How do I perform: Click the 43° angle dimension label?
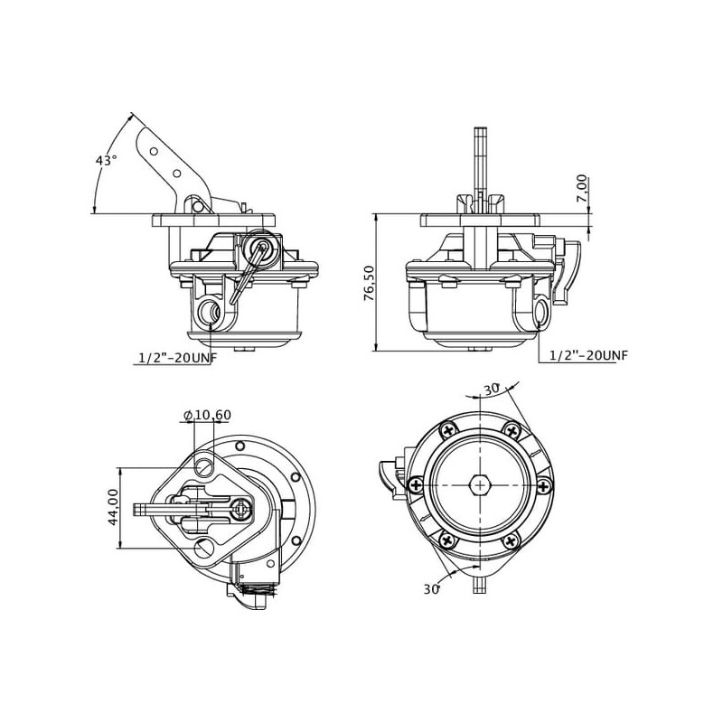click(106, 161)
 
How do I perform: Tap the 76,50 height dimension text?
click(370, 283)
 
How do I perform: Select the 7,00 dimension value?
click(583, 188)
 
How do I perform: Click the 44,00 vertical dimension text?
click(113, 507)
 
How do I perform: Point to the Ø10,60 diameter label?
click(207, 415)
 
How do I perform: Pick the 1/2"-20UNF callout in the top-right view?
click(589, 355)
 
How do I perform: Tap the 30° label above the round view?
click(492, 390)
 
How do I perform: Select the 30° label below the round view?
click(432, 589)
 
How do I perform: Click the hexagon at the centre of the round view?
click(480, 485)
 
